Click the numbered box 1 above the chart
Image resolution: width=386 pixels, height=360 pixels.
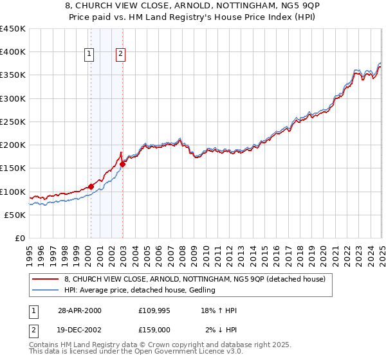88,55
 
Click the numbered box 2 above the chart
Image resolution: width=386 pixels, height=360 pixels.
120,55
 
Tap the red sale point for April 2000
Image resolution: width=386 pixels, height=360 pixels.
91,187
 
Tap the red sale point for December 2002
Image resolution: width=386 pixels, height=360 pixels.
122,164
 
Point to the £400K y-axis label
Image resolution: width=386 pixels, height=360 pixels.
13,52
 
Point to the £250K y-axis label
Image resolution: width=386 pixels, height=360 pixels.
13,122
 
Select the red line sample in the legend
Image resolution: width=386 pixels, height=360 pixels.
46,279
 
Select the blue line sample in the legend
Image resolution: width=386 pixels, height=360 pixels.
46,290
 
